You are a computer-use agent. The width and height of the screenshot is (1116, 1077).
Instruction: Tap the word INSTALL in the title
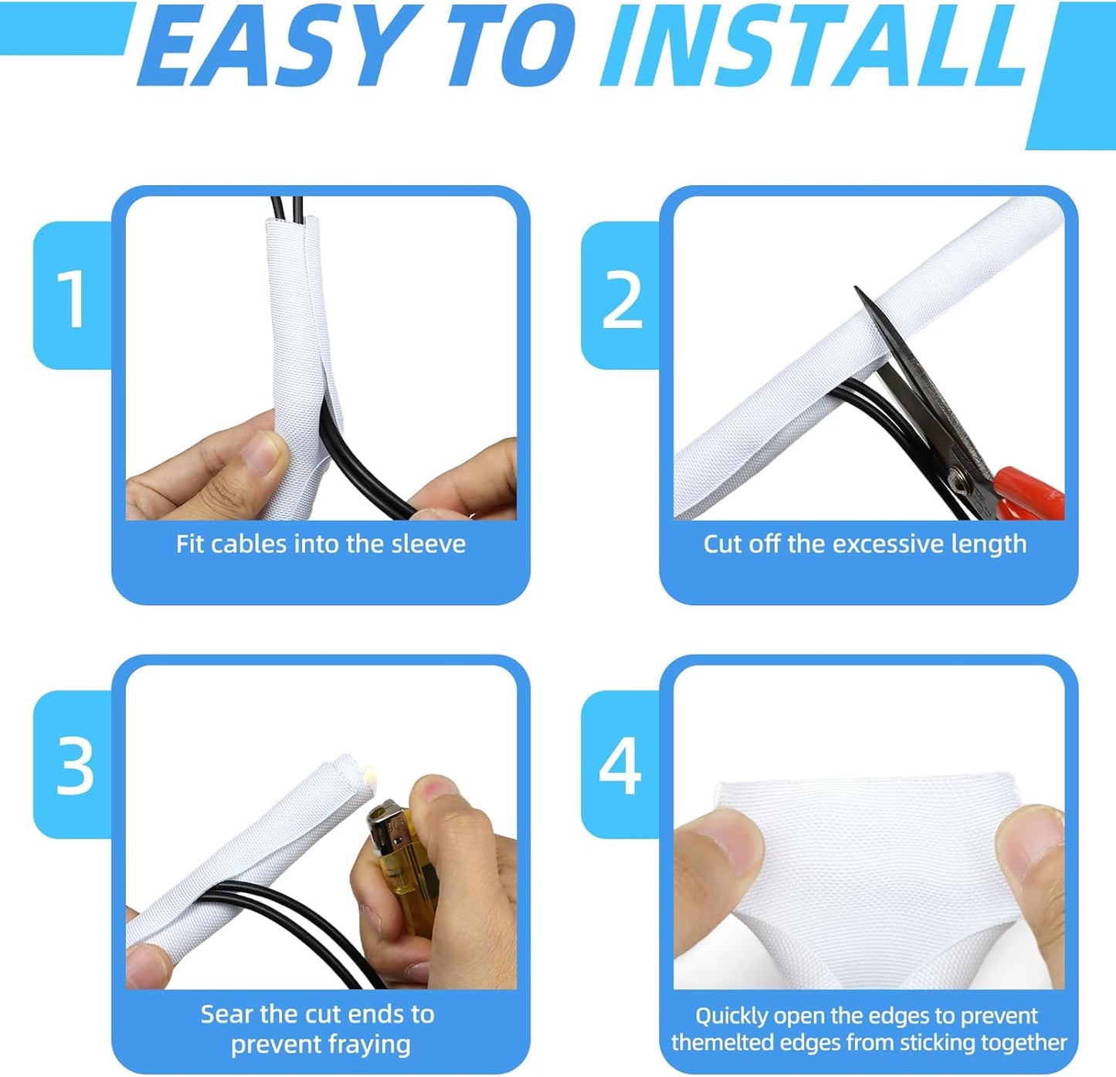pos(815,48)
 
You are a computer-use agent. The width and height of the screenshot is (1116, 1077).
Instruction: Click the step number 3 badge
pos(74,767)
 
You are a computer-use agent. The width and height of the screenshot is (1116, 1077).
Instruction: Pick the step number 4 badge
pos(620,767)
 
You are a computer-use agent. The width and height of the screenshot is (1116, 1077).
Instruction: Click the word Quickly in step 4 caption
pos(731,1016)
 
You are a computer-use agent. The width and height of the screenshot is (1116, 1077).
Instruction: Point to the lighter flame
pos(369,771)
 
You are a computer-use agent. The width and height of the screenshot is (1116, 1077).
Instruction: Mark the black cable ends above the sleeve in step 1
pos(286,207)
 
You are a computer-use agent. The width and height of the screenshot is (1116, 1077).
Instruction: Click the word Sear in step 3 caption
pos(227,1014)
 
